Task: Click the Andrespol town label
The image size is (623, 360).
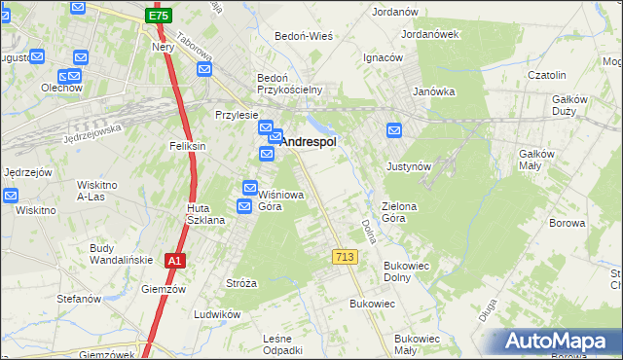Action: tap(309, 141)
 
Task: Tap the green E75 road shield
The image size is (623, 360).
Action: tap(158, 17)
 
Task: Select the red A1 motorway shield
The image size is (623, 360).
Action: tap(173, 261)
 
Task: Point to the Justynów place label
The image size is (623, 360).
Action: tap(409, 166)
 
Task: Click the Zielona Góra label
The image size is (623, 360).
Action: tap(406, 212)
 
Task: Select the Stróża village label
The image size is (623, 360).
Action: tap(240, 283)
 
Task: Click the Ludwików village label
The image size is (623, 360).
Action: tap(217, 314)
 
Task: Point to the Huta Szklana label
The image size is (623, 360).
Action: tap(206, 214)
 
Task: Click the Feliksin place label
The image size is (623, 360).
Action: tap(187, 146)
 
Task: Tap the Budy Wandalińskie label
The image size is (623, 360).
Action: tap(116, 254)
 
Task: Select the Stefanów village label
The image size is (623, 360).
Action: tap(79, 298)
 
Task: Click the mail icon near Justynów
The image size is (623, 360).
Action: tap(394, 130)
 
